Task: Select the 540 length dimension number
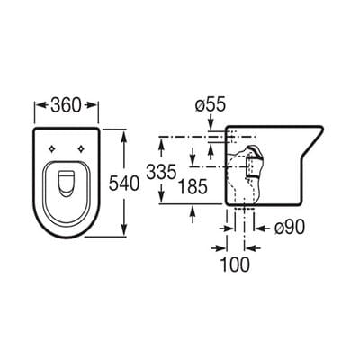[x=124, y=184]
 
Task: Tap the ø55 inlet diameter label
[x=209, y=103]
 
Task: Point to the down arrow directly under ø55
[x=209, y=123]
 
